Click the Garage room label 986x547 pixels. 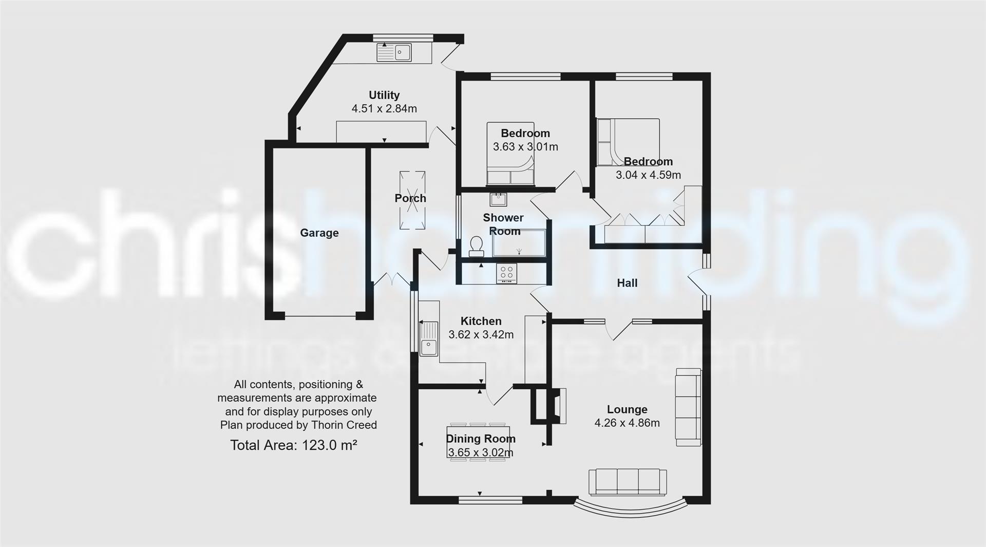tap(319, 233)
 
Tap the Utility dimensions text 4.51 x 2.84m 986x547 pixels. tap(384, 108)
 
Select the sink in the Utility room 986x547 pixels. tap(394, 52)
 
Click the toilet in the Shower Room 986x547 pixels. tap(477, 247)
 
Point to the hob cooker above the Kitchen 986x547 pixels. tap(507, 273)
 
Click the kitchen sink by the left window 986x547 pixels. tap(428, 339)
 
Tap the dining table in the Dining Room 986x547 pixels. tap(479, 442)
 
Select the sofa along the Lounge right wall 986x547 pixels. tap(688, 407)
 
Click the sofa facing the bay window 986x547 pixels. tap(628, 482)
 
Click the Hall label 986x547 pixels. tap(627, 283)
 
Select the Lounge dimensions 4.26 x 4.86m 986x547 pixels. tap(627, 423)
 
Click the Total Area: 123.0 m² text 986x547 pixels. tap(293, 445)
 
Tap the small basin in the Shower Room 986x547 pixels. tap(498, 199)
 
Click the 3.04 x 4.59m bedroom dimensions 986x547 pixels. tap(648, 175)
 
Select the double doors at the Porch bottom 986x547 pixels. tap(391, 280)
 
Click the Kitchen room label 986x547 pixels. tap(481, 321)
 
